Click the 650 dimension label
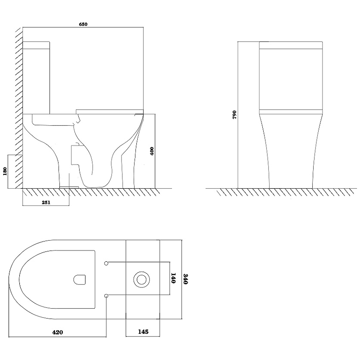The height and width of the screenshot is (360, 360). tap(83, 24)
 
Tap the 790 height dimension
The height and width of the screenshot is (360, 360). tap(234, 115)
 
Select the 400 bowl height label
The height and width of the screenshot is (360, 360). tap(152, 151)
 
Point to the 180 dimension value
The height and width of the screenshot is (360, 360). tap(5, 171)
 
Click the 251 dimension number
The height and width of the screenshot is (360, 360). tap(46, 202)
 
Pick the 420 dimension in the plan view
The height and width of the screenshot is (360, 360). tap(58, 332)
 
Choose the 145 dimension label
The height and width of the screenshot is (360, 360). tap(143, 332)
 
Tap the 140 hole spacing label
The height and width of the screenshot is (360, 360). tap(173, 278)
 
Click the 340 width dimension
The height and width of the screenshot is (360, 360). tap(186, 279)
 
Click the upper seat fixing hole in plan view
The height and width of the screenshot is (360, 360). tap(106, 263)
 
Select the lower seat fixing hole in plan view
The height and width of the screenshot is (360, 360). tap(106, 296)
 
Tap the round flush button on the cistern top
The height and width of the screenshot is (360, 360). tap(142, 279)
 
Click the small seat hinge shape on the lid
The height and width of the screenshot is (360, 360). tap(80, 279)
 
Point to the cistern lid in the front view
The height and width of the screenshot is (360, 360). tap(291, 46)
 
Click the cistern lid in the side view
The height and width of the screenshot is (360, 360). tap(36, 46)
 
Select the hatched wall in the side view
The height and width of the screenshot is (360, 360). tap(19, 108)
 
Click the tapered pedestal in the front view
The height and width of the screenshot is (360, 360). tap(291, 151)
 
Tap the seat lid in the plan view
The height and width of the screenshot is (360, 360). tap(57, 279)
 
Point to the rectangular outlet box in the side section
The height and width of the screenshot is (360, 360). tap(75, 155)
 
